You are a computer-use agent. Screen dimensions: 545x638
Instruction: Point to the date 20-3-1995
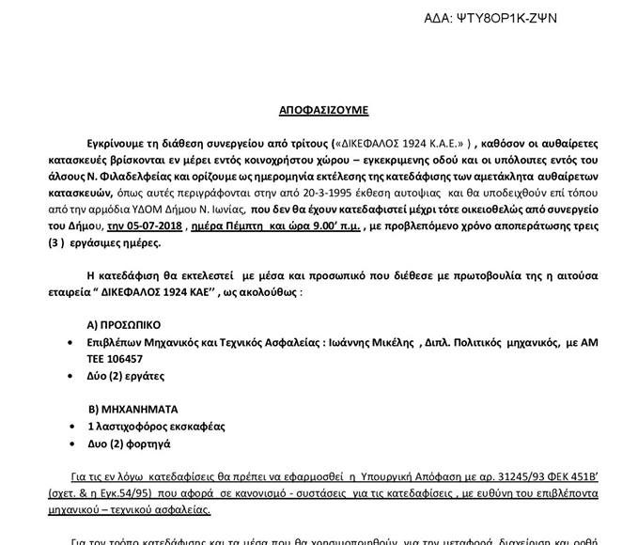click(x=277, y=188)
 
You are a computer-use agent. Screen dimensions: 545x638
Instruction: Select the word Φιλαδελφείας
click(x=152, y=174)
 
